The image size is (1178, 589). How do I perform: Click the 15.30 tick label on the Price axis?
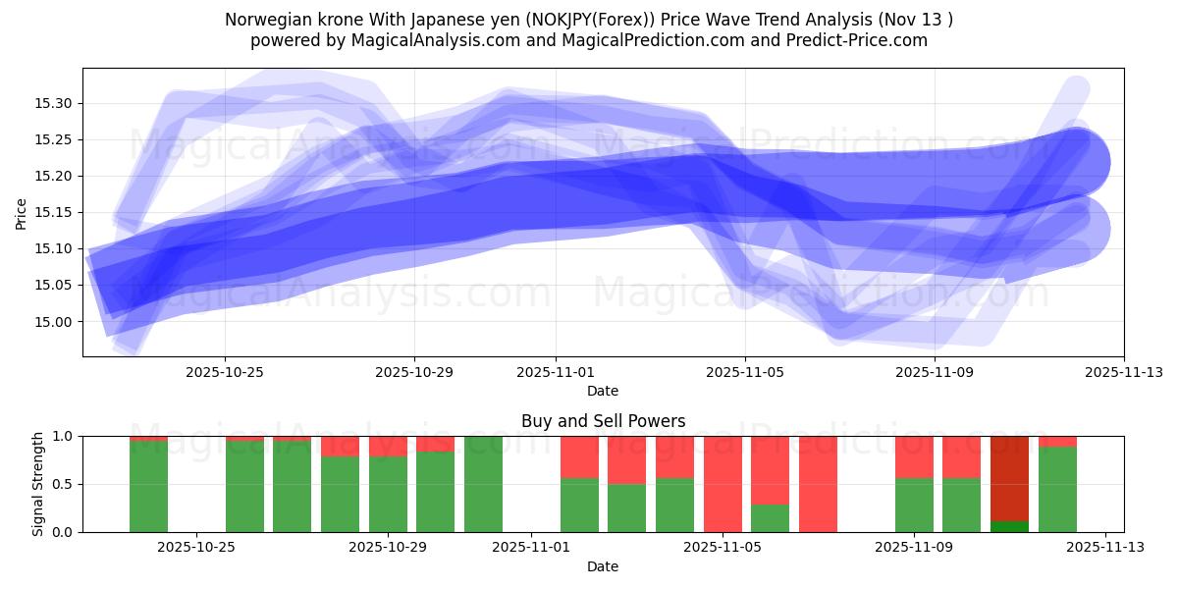point(53,104)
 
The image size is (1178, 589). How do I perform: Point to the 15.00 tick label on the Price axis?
point(53,322)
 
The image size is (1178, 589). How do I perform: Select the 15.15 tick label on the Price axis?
point(53,213)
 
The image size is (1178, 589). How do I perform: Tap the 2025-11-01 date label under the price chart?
point(556,372)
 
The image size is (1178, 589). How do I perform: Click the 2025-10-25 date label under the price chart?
point(225,372)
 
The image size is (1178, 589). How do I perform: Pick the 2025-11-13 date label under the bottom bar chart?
point(1106,548)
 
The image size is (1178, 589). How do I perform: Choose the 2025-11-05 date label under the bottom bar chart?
point(723,548)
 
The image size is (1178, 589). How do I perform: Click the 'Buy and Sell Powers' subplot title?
point(603,422)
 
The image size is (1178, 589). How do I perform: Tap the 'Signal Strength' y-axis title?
point(38,484)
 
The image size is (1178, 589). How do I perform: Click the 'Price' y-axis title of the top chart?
point(22,213)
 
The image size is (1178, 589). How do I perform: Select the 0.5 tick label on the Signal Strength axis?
point(63,484)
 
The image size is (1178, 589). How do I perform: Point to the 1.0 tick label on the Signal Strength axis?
point(63,436)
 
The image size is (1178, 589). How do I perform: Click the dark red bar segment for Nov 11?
point(1009,478)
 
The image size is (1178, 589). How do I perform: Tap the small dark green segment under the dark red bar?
point(1009,527)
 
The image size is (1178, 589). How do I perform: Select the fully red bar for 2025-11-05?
point(723,484)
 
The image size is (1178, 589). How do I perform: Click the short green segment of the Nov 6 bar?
point(771,518)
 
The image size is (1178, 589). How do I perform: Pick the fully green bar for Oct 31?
point(483,484)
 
